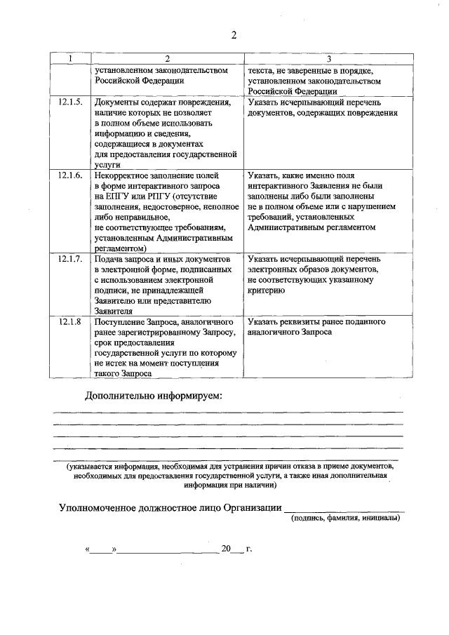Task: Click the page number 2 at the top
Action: pos(234,36)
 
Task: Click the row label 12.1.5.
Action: pos(70,102)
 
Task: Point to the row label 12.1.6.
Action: pos(70,175)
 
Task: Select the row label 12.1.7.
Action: pos(70,260)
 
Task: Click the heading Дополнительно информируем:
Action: pos(153,396)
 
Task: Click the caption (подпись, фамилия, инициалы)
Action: pos(346,519)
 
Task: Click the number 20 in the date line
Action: pos(226,549)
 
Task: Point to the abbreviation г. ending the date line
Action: pos(249,549)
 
